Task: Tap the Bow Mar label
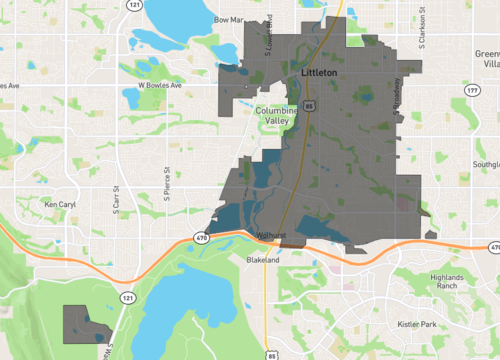[x=229, y=18]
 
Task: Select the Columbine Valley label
[x=275, y=115]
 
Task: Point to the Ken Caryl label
[x=60, y=204]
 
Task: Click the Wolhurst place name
[x=272, y=236]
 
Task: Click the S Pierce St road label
[x=168, y=181]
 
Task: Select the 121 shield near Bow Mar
[x=133, y=6]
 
